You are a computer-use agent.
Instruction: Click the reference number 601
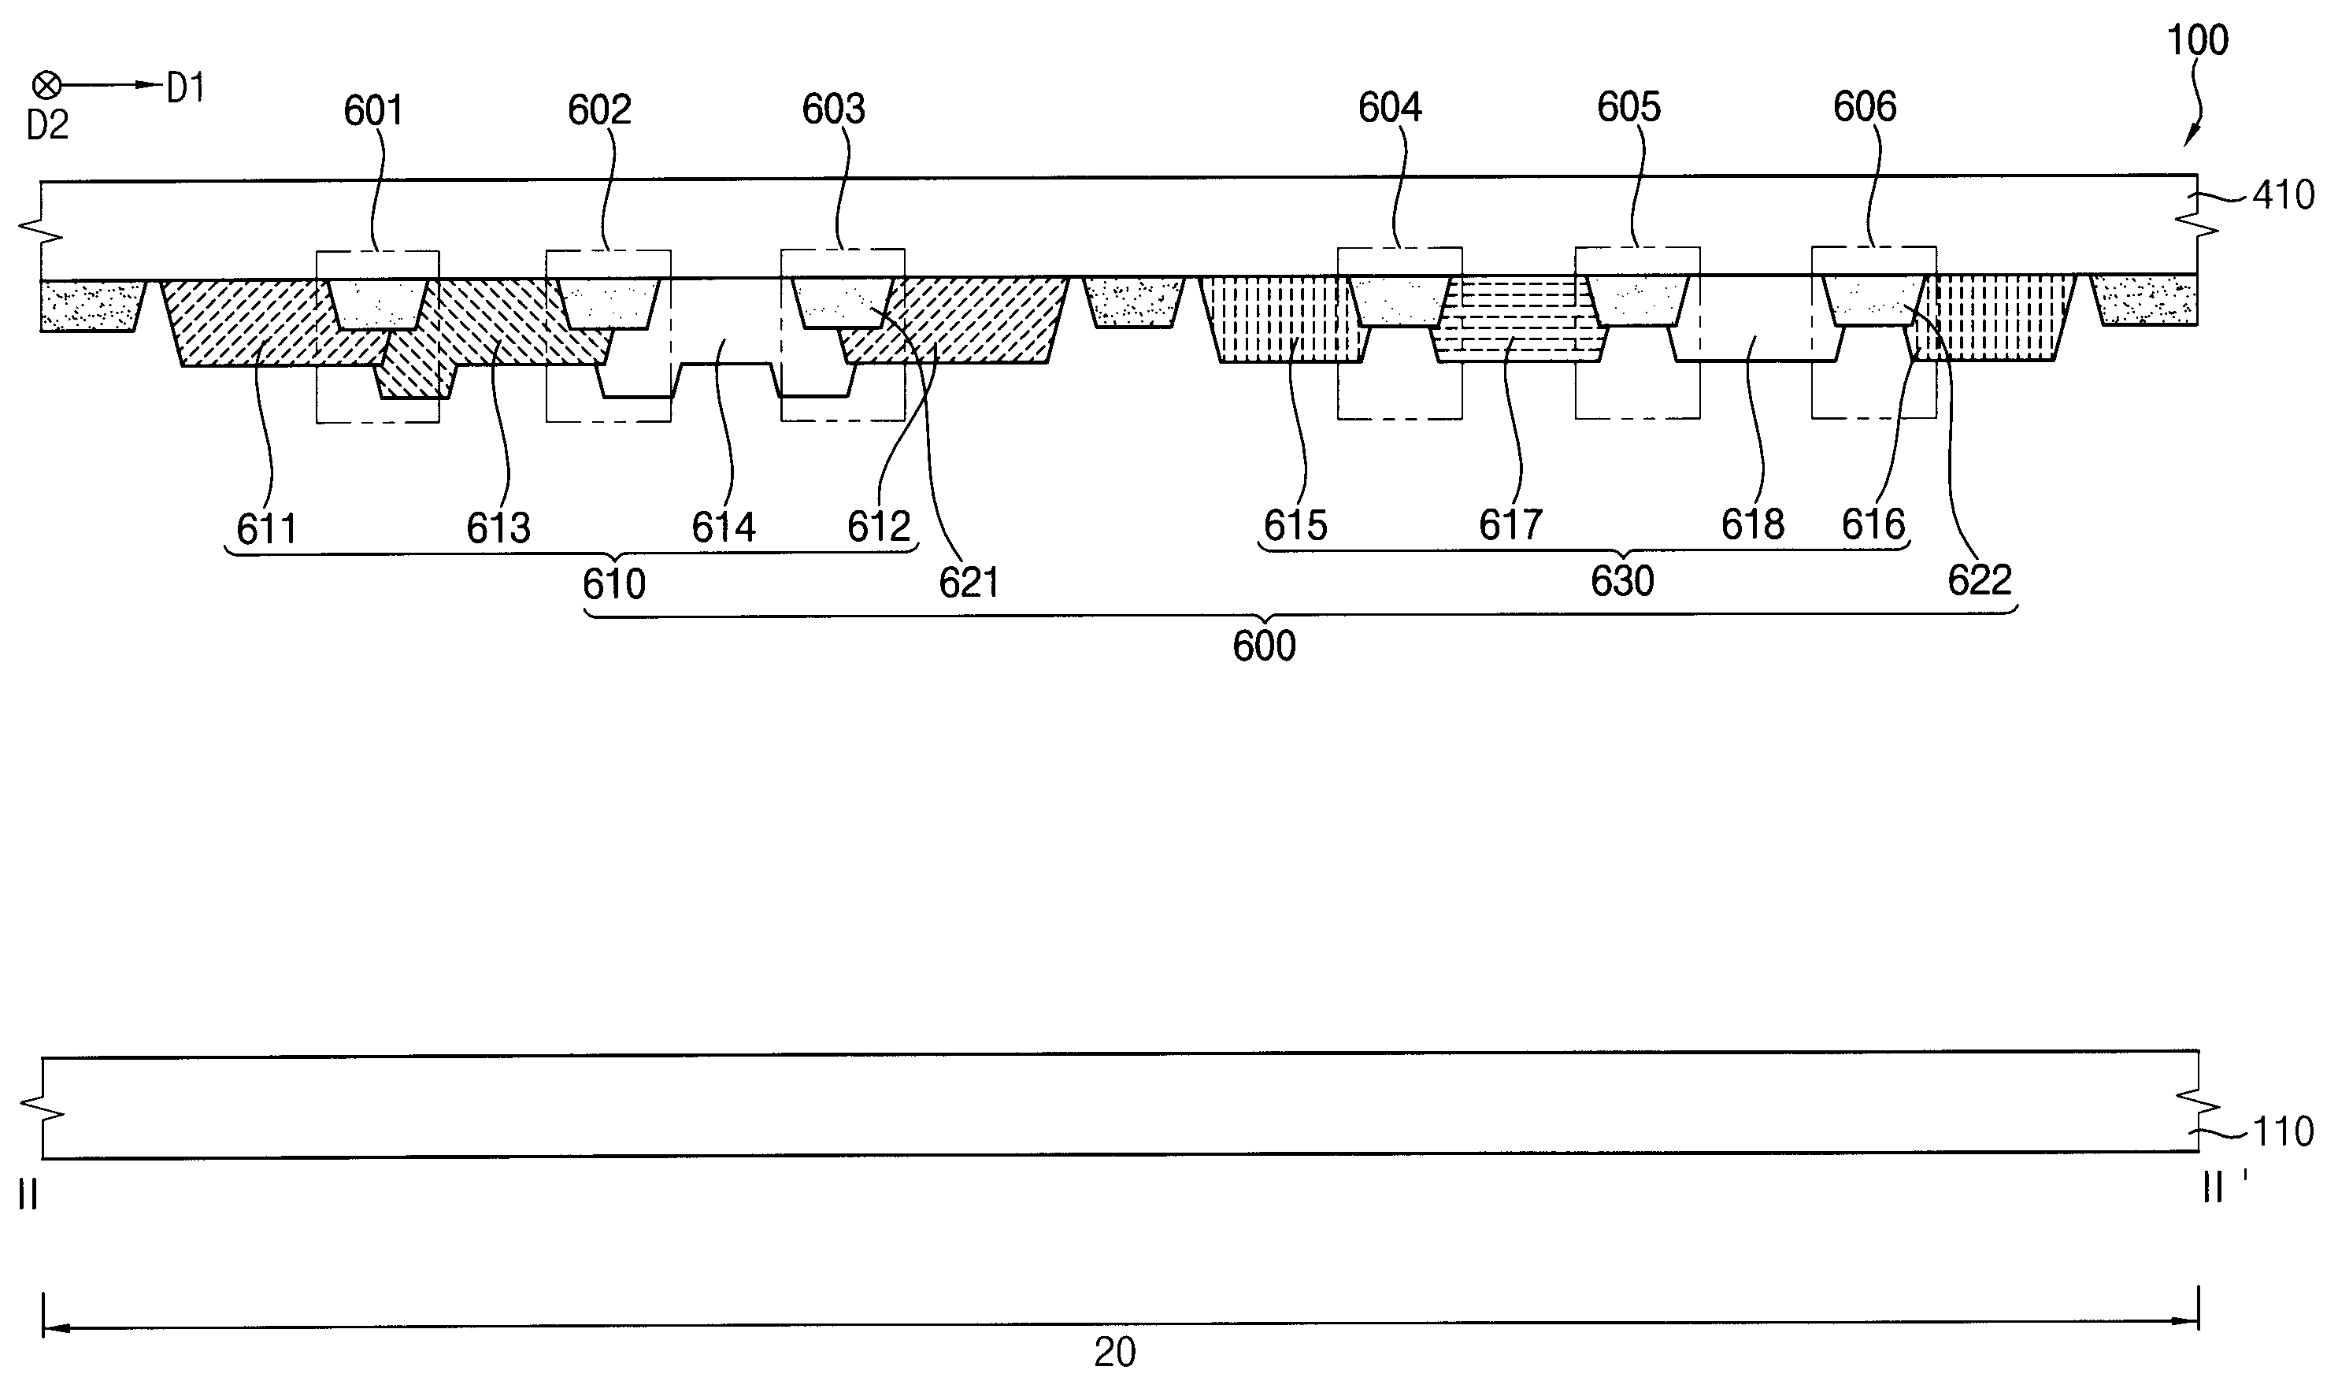(372, 112)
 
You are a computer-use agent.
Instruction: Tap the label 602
(598, 111)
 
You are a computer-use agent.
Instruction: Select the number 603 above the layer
(833, 109)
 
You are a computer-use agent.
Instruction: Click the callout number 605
(1628, 108)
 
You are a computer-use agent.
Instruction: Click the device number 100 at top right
(2197, 41)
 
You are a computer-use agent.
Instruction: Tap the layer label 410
(2284, 195)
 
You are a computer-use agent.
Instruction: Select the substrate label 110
(2284, 1132)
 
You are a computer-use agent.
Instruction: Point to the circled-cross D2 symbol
(46, 87)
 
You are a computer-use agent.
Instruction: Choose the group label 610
(613, 585)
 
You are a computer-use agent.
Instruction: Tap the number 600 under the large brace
(1264, 646)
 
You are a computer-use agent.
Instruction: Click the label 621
(969, 583)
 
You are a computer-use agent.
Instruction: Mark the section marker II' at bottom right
(2222, 1188)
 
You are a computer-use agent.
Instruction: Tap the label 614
(724, 528)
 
